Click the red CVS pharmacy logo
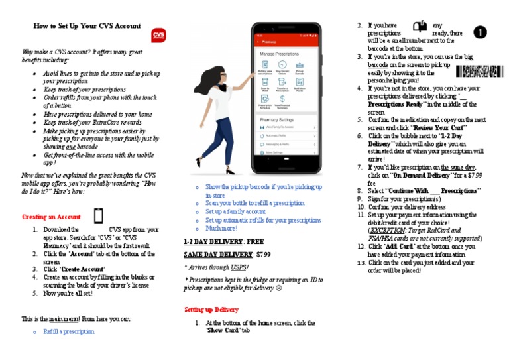point(159,34)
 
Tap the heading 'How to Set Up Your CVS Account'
point(87,26)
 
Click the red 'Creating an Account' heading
point(51,217)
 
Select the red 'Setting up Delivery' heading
point(211,310)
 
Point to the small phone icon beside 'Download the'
point(98,216)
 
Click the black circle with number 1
point(480,32)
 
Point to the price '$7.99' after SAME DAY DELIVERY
point(263,255)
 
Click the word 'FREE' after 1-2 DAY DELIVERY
point(255,242)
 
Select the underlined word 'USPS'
point(238,267)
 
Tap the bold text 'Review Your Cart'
point(439,127)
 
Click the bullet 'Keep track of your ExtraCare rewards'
point(92,123)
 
